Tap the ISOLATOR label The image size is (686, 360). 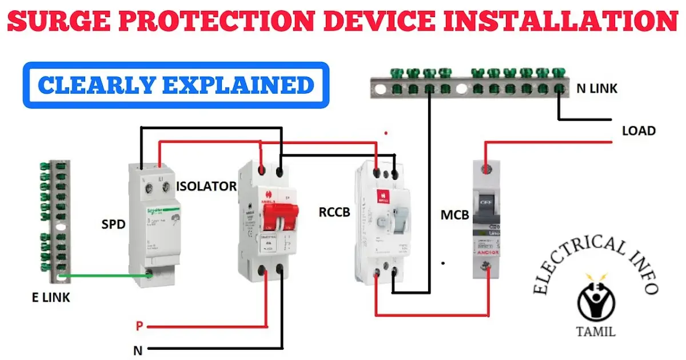tap(206, 186)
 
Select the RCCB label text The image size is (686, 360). tap(335, 212)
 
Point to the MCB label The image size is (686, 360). tap(454, 216)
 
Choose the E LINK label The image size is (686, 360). tap(51, 297)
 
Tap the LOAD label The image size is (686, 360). tap(639, 131)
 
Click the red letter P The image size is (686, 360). tap(139, 326)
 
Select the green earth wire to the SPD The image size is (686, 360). tap(103, 275)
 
